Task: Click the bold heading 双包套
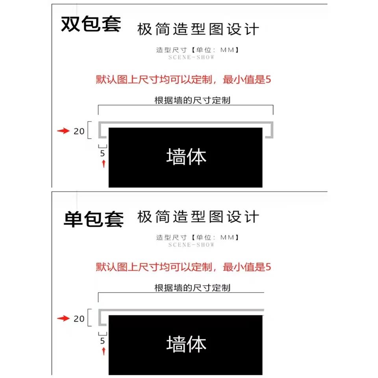click(x=91, y=25)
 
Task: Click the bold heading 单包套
click(x=93, y=219)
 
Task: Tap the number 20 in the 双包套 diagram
click(x=79, y=131)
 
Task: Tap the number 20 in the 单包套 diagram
click(x=79, y=319)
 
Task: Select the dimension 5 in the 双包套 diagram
click(x=102, y=154)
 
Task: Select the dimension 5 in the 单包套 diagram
click(x=102, y=341)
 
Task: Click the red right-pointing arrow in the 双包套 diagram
click(x=63, y=131)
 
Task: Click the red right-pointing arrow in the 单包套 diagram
click(x=63, y=319)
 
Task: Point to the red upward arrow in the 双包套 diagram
click(x=104, y=164)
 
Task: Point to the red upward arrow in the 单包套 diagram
click(x=104, y=351)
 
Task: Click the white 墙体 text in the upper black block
click(x=186, y=157)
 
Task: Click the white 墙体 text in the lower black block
click(x=186, y=344)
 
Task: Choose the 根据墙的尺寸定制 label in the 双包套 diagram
click(x=192, y=100)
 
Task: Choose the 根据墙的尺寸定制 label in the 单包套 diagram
click(x=192, y=288)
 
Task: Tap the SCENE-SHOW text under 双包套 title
click(x=191, y=57)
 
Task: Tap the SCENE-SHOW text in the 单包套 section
click(x=191, y=245)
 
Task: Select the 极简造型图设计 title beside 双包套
click(x=198, y=29)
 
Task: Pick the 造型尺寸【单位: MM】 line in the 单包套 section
click(x=197, y=237)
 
